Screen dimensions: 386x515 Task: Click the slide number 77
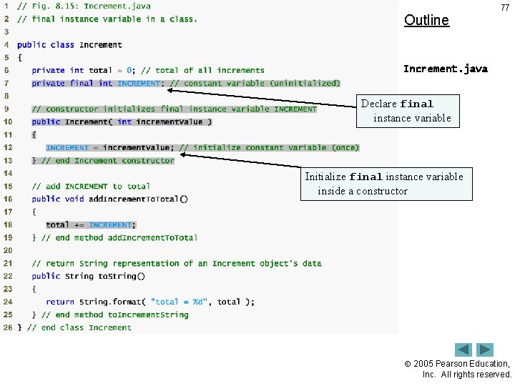(505, 8)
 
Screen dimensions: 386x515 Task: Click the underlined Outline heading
(426, 20)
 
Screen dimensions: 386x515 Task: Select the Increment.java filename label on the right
(445, 69)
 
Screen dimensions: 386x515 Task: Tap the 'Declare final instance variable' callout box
(406, 111)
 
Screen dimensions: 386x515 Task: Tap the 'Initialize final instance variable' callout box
(386, 184)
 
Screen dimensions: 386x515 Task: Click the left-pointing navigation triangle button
(463, 350)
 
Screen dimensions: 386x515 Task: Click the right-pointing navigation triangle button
(486, 350)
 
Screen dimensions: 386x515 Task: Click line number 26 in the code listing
(7, 327)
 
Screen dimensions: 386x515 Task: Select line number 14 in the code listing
(7, 173)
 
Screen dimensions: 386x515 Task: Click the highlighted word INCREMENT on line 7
(139, 83)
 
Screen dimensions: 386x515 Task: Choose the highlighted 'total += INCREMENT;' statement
(91, 224)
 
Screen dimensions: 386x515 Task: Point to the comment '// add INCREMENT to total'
(90, 186)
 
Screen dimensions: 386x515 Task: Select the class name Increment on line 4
(100, 44)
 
